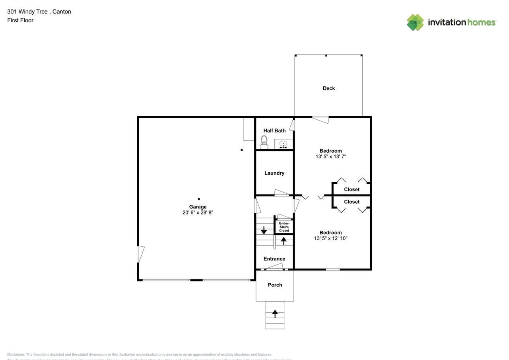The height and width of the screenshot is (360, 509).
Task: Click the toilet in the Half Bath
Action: point(264,142)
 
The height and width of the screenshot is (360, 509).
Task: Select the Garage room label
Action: point(198,207)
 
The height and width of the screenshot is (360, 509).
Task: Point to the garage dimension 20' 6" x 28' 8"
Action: point(198,213)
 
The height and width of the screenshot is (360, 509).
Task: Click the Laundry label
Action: point(274,173)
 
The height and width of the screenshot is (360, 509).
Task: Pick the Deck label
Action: point(329,88)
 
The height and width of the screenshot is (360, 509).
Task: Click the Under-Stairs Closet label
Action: point(284,227)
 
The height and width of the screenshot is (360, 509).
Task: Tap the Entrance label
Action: point(274,259)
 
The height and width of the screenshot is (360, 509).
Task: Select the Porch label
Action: point(275,285)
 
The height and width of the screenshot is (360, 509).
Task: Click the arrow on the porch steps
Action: point(275,314)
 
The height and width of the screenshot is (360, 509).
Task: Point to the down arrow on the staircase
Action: point(264,230)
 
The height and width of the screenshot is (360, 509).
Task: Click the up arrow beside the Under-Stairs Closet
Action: point(284,240)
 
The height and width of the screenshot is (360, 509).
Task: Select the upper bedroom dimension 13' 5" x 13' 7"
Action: point(330,157)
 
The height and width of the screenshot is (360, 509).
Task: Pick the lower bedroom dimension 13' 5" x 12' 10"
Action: point(330,238)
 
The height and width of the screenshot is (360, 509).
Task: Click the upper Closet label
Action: point(352,189)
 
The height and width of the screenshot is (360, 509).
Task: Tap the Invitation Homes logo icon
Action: point(415,22)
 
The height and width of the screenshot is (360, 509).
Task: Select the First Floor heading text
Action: point(20,20)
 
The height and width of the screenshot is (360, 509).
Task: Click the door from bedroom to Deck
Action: point(321,119)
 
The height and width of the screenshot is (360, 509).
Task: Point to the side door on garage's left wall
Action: point(140,254)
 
